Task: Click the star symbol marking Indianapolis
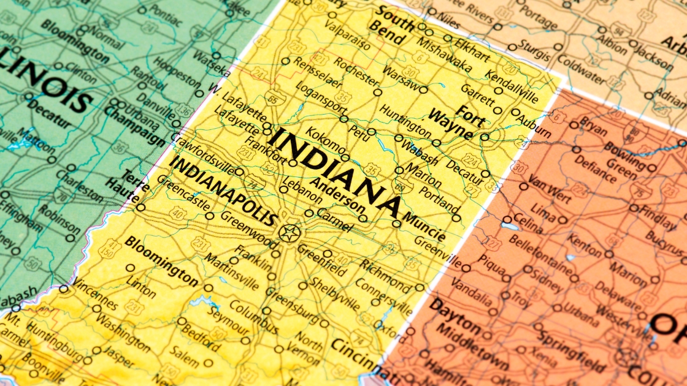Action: point(290,233)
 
